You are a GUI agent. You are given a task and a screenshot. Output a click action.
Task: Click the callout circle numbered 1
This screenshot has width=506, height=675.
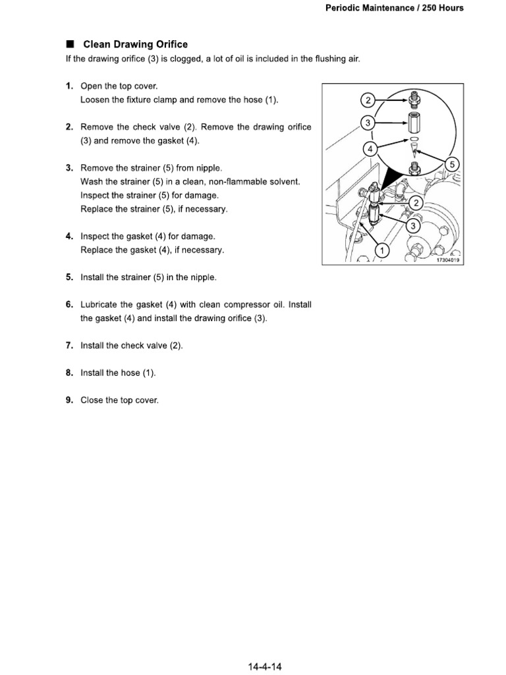tap(380, 250)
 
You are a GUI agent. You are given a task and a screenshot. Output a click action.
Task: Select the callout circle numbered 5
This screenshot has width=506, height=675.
tap(452, 164)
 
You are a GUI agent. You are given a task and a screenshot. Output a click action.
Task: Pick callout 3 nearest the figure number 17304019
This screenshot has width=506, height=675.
tap(414, 226)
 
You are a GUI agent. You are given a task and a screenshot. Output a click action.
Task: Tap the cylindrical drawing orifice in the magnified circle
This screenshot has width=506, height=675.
tap(413, 123)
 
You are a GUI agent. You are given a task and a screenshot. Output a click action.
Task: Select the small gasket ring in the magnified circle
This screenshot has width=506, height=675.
tap(413, 140)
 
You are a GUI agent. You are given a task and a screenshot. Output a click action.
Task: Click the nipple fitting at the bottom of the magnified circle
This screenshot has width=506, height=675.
tap(414, 165)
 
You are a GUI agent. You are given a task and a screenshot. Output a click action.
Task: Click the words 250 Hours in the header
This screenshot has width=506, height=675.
tap(442, 8)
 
